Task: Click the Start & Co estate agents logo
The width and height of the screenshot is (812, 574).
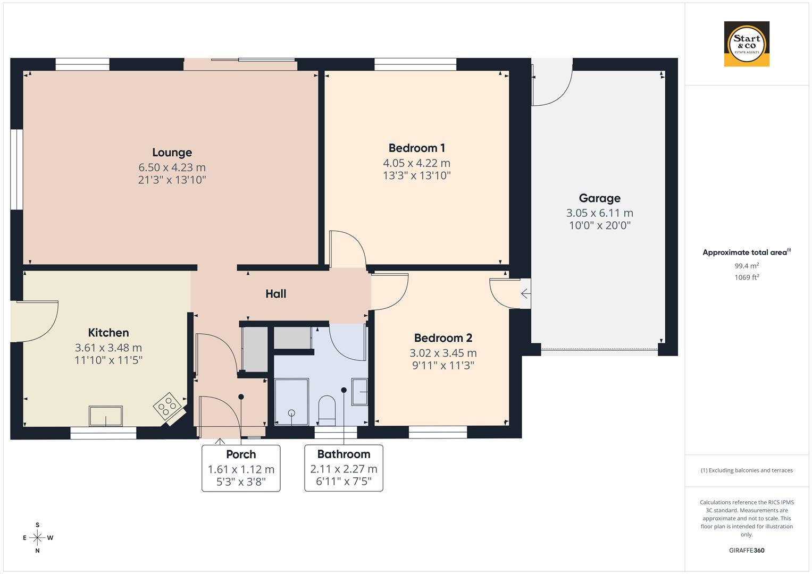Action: tap(747, 44)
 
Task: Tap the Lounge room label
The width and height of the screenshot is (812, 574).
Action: tap(172, 153)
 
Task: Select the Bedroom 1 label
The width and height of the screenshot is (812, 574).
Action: tap(416, 148)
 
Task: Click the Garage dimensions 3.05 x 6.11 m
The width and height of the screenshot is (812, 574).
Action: tap(599, 213)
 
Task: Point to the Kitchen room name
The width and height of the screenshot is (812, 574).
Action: tap(108, 333)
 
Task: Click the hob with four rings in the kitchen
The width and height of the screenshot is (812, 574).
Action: tap(166, 407)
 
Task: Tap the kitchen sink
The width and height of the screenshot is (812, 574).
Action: tap(106, 416)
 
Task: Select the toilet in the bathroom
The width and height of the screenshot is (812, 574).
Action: tap(327, 410)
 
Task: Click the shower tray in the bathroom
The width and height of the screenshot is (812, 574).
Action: tap(291, 402)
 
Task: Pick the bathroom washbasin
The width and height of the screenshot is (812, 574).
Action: tap(361, 392)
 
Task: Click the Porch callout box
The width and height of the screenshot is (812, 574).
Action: tap(241, 468)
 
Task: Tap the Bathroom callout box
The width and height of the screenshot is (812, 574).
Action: tap(344, 468)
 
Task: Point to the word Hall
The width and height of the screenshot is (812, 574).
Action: tap(276, 294)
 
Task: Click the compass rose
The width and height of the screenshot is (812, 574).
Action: tap(37, 538)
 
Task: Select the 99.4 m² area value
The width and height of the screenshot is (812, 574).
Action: tap(747, 266)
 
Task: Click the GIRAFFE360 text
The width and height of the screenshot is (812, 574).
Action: tap(747, 551)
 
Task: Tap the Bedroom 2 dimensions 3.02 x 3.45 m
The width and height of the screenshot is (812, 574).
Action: tap(443, 353)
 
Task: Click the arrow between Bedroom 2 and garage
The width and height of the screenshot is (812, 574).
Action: tap(525, 293)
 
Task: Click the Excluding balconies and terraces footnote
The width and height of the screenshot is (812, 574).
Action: tap(747, 470)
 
